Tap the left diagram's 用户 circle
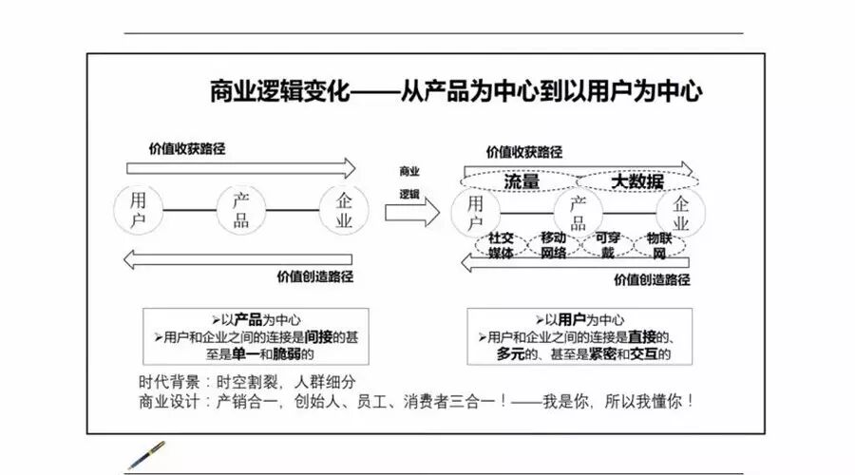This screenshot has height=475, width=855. point(138,211)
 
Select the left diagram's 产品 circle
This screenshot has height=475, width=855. point(241,211)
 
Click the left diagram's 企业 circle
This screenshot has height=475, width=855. point(343,211)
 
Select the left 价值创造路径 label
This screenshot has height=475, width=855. point(315,277)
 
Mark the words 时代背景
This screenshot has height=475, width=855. point(168,381)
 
